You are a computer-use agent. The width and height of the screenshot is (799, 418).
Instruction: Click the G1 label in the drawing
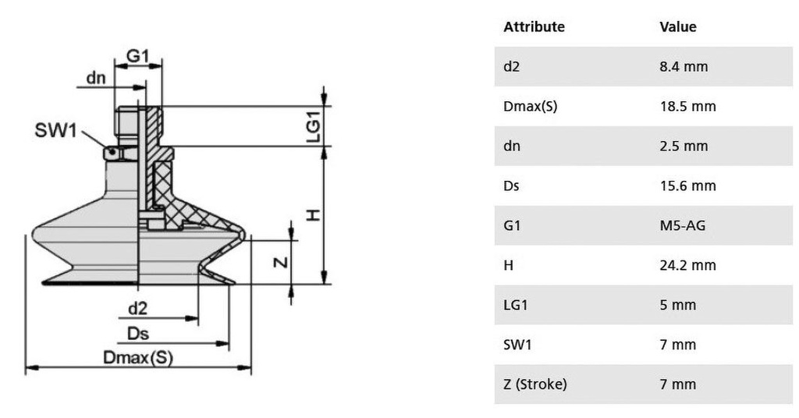137,56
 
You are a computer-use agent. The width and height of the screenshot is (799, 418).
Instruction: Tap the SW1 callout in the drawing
55,130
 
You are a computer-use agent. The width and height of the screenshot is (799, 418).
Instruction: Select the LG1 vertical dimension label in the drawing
312,126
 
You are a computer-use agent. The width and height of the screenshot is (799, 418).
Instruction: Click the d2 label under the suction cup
138,309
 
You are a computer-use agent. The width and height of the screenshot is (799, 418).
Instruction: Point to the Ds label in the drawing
138,334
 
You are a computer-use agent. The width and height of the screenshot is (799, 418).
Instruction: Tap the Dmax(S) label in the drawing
138,358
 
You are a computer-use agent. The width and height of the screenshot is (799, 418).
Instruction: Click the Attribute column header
534,27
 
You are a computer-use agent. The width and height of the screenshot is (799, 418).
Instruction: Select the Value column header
678,27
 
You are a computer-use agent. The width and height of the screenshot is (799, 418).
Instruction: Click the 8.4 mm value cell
684,66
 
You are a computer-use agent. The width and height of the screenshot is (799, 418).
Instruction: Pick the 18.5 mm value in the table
687,106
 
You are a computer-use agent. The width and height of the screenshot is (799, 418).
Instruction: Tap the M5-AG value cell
684,225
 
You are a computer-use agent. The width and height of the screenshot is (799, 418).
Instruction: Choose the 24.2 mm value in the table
687,265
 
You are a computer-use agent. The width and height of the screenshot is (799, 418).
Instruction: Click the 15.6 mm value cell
687,186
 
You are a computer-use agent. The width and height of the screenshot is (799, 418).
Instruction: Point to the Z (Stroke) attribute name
535,384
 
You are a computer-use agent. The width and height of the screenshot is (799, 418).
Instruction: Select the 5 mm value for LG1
677,305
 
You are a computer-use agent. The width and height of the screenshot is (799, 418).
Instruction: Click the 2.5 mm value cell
684,146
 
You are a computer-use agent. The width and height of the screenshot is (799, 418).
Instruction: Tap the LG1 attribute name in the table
516,305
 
